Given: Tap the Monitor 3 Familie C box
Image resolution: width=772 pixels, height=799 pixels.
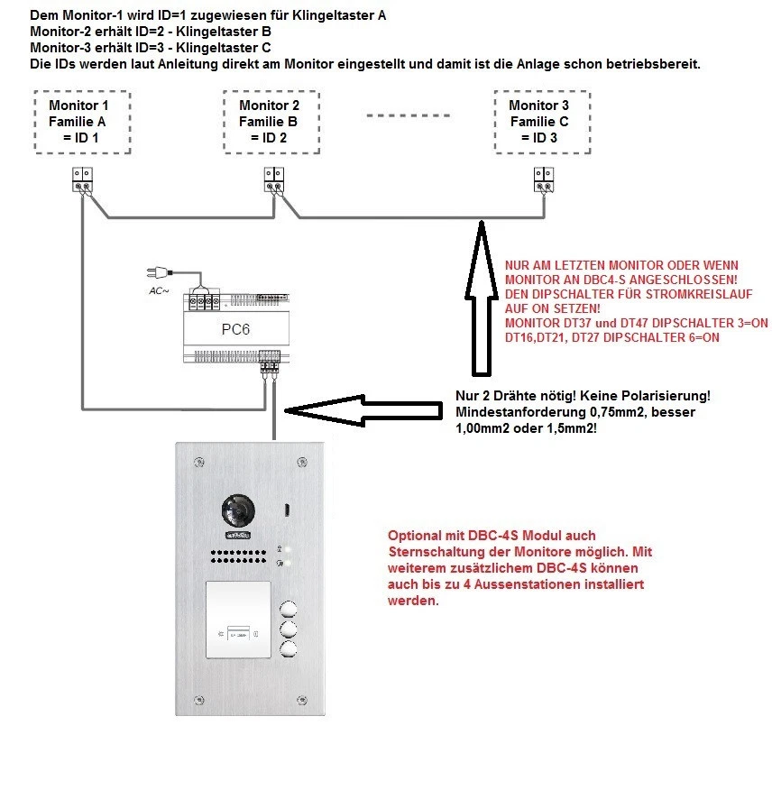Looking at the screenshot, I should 539,122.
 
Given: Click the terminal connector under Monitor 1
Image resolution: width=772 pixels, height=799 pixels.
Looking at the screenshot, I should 82,179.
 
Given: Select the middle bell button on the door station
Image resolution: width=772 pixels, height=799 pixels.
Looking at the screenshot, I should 289,628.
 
